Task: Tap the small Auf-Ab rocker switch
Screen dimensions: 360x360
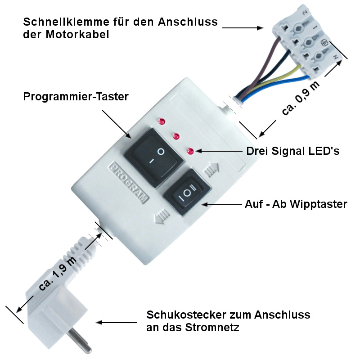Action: [x=187, y=192]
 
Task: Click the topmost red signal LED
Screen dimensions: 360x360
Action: [x=162, y=121]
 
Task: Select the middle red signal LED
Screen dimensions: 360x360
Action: [x=176, y=136]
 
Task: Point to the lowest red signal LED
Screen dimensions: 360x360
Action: [x=190, y=151]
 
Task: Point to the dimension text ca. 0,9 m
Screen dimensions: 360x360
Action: [x=300, y=98]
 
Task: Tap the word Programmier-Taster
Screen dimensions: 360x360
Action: [x=76, y=97]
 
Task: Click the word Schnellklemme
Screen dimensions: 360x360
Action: [x=66, y=22]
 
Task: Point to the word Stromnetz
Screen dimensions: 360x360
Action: [x=212, y=327]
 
